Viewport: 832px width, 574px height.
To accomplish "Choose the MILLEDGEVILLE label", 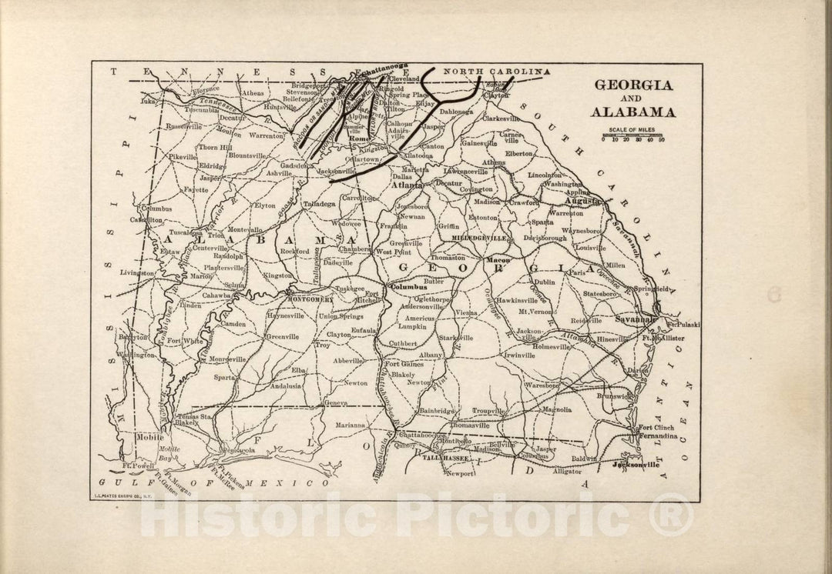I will [x=479, y=239].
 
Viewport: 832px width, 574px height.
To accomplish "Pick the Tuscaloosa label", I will [x=186, y=232].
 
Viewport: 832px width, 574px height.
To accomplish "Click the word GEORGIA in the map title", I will [x=631, y=85].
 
